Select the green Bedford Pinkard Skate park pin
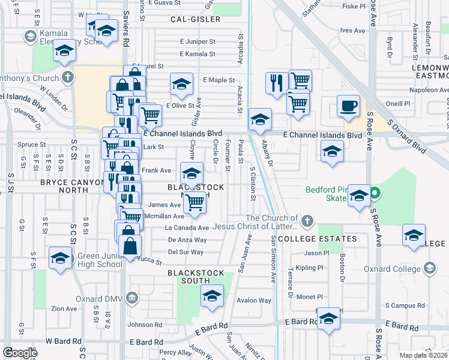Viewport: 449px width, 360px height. [375, 193]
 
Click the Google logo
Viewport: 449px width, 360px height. [20, 353]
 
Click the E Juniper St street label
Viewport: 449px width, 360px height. [197, 41]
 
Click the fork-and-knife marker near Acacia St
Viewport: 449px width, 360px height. [276, 83]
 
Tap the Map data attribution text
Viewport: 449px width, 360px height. [423, 355]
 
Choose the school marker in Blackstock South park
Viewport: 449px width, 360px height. [211, 296]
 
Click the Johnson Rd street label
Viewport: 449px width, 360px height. [145, 325]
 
